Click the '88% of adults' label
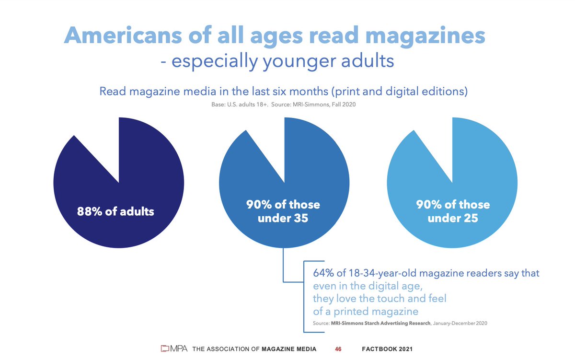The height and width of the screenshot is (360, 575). [115, 211]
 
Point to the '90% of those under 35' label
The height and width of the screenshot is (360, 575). [283, 211]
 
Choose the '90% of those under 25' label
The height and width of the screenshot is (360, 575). [452, 211]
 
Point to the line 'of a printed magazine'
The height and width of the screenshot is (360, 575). [366, 312]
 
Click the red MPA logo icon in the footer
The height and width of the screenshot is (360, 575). [165, 348]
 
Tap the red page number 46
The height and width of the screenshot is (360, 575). [338, 349]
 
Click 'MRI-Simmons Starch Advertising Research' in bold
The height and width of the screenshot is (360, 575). [381, 324]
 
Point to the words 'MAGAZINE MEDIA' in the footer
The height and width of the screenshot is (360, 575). [289, 349]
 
